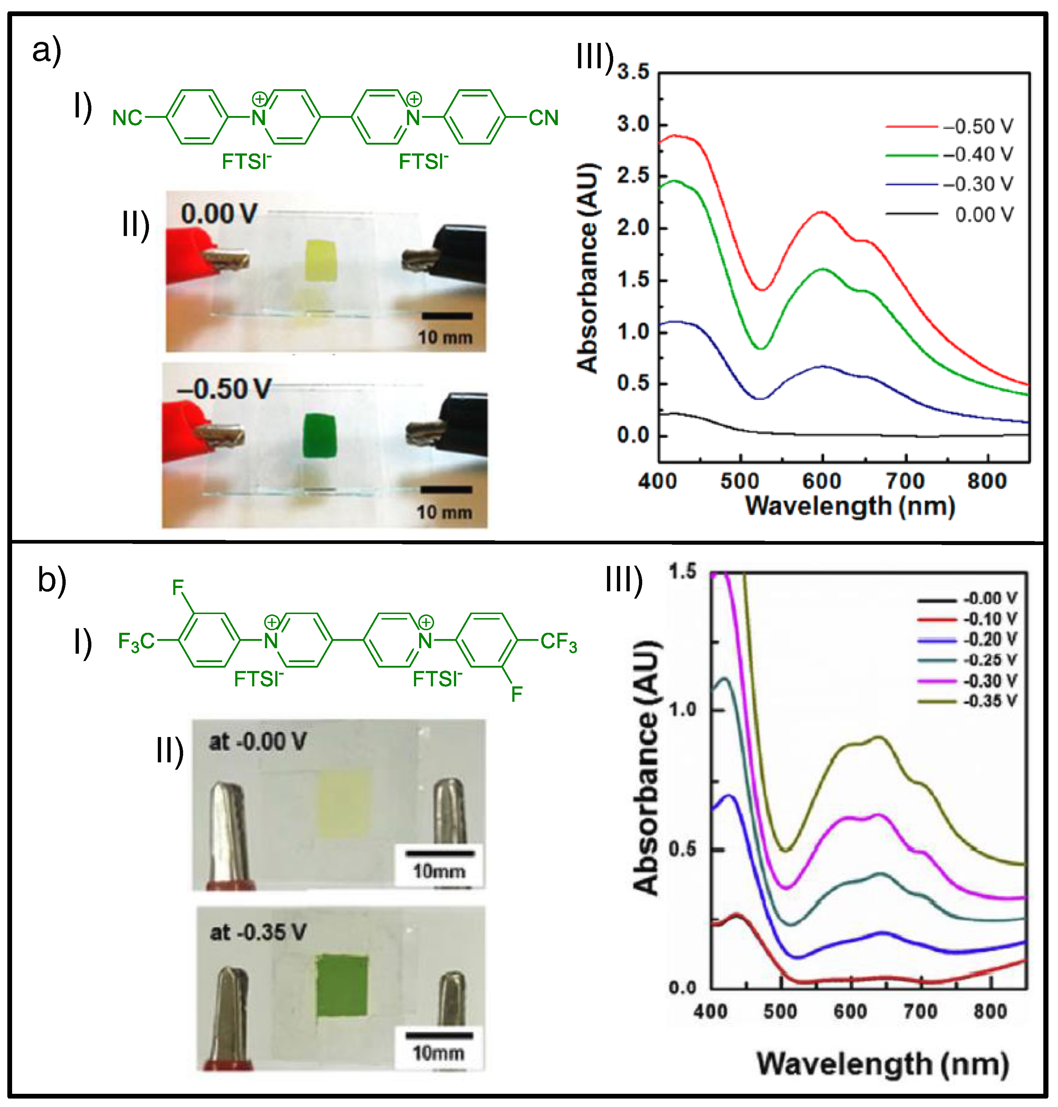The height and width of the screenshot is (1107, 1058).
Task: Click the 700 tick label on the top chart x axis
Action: click(905, 481)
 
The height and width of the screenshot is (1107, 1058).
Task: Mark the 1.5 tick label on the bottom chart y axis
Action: click(683, 572)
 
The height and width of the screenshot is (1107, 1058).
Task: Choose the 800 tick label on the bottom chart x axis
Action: click(991, 1011)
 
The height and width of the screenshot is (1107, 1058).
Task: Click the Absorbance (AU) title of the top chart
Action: click(588, 268)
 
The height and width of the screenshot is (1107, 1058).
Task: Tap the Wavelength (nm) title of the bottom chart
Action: click(883, 1065)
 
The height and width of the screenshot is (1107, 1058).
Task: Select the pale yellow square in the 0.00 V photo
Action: click(321, 260)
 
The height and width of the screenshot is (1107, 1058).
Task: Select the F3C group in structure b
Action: click(136, 641)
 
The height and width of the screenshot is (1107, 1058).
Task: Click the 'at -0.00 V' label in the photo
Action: click(257, 741)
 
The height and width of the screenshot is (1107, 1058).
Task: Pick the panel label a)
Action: click(46, 51)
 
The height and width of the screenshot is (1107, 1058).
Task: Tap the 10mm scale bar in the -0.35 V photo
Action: click(439, 1035)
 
